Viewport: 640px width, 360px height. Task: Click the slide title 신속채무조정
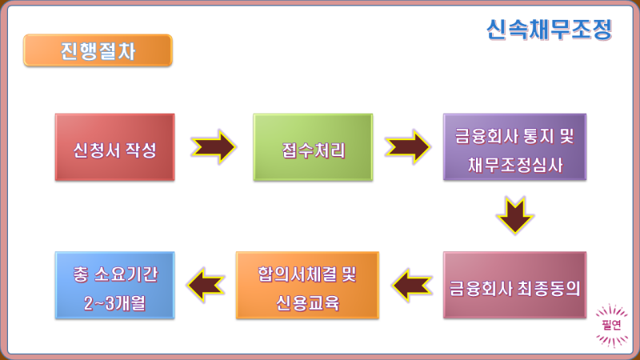(548, 30)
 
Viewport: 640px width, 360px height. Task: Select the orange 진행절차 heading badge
(98, 50)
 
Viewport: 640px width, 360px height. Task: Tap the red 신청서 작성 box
(114, 147)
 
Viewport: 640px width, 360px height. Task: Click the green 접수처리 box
(313, 147)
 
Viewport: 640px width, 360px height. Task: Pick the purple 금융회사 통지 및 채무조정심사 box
(514, 147)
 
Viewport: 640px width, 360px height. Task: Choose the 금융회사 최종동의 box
(514, 286)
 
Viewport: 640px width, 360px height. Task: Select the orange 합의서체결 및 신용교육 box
(307, 286)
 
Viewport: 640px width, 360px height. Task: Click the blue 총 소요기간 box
(114, 286)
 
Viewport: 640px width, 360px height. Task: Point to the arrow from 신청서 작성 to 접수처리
(213, 147)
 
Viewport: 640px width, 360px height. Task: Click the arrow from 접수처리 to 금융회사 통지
(407, 147)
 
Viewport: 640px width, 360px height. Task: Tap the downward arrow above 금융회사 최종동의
(514, 214)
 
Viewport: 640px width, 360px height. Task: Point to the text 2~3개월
(114, 301)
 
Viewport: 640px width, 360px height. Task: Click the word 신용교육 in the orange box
(307, 302)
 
